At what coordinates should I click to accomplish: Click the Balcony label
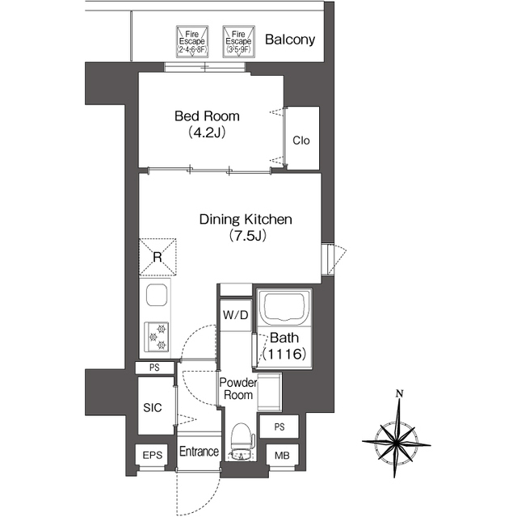tap(290, 40)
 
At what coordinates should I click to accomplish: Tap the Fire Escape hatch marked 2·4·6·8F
tap(192, 42)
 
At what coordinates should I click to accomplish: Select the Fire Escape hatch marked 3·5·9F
tap(239, 42)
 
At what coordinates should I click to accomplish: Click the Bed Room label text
tap(207, 116)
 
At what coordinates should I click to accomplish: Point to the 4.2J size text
tap(207, 132)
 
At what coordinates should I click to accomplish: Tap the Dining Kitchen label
tap(246, 219)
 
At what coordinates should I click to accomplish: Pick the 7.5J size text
tap(247, 236)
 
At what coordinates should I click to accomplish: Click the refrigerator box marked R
tap(158, 257)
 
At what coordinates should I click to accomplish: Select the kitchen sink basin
tap(157, 295)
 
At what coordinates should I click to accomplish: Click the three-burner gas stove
tap(157, 337)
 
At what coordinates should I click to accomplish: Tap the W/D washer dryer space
tap(235, 316)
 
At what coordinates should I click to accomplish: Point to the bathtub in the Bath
tap(285, 307)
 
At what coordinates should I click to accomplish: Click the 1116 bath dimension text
tap(284, 354)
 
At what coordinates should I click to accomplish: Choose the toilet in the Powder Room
tap(242, 441)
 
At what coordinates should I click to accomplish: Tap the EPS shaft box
tap(153, 456)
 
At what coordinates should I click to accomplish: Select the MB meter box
tap(283, 456)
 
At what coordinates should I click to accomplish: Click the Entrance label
tap(199, 452)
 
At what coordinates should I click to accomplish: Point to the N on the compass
tap(400, 393)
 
